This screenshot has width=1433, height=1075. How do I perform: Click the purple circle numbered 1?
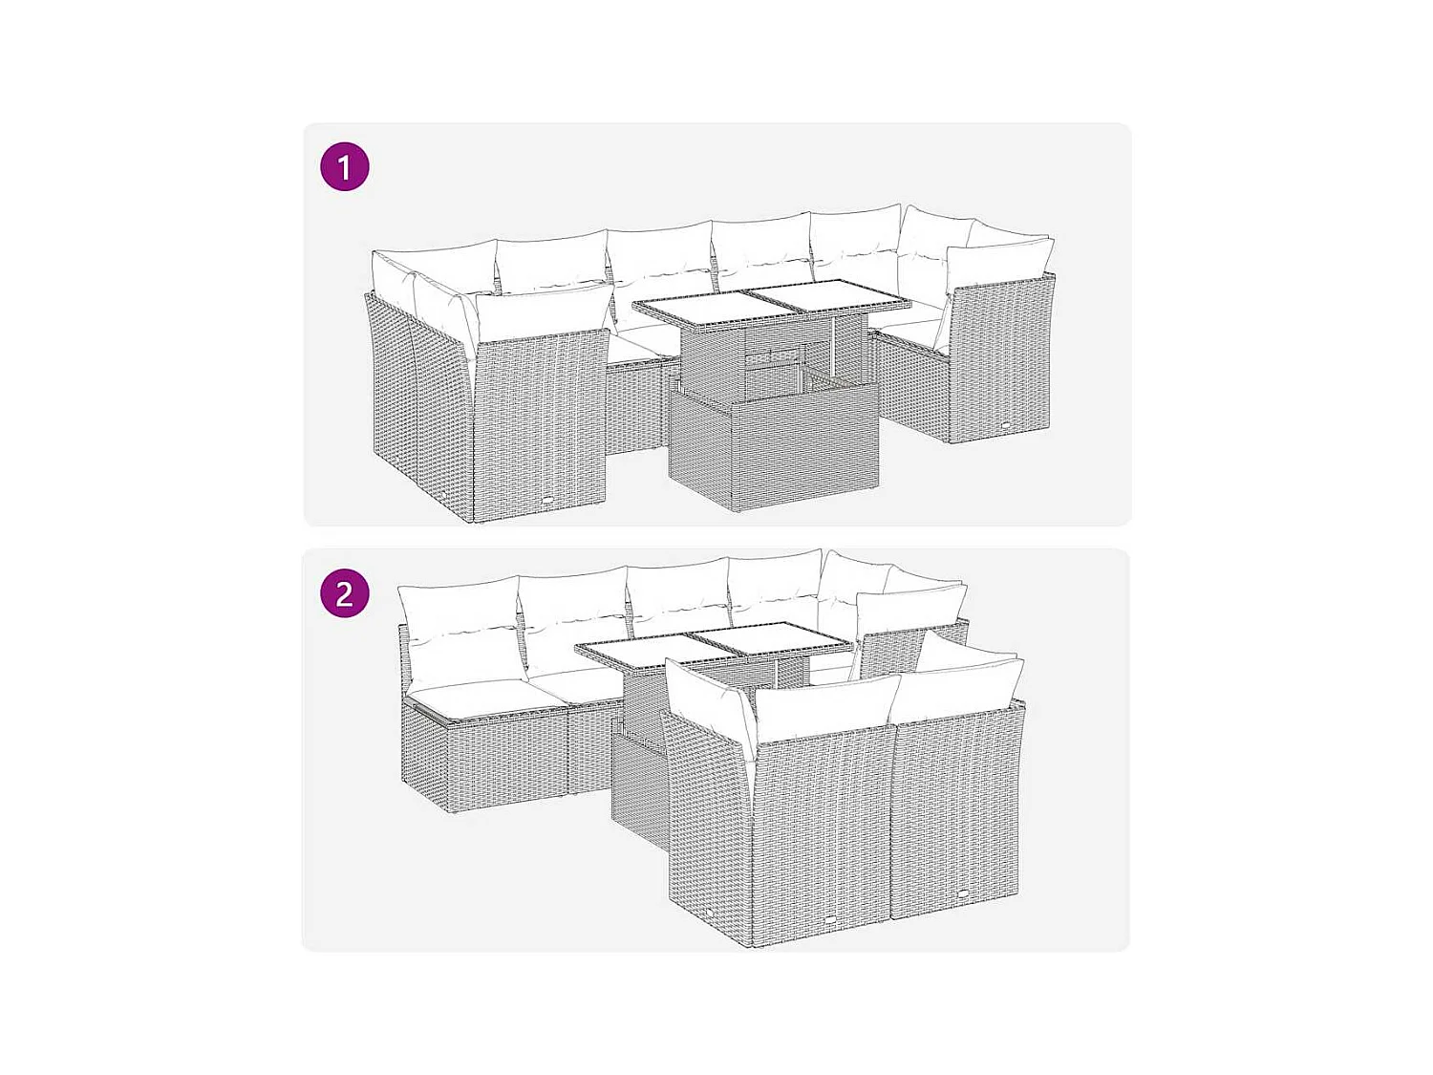pyautogui.click(x=345, y=166)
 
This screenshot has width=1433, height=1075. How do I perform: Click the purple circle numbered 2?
pyautogui.click(x=345, y=593)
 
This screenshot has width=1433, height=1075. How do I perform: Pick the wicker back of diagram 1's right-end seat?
pyautogui.click(x=999, y=360)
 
